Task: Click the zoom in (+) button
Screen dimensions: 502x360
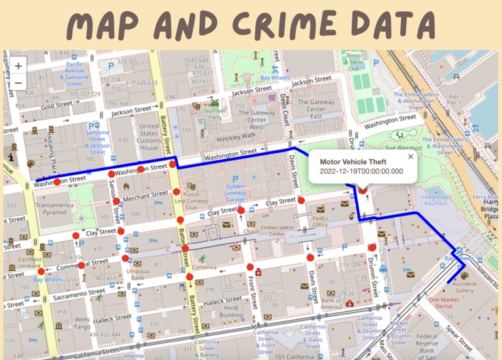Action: tap(18, 65)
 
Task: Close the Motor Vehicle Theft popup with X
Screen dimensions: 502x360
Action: tap(411, 157)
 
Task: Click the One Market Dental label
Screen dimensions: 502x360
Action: tap(449, 303)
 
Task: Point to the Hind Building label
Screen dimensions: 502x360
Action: tap(231, 312)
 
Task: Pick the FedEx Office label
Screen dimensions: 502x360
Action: tap(320, 221)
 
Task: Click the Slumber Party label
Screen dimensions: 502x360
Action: tap(216, 114)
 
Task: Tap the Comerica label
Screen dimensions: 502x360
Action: tap(205, 266)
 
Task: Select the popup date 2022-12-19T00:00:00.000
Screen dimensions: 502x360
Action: tap(361, 172)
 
